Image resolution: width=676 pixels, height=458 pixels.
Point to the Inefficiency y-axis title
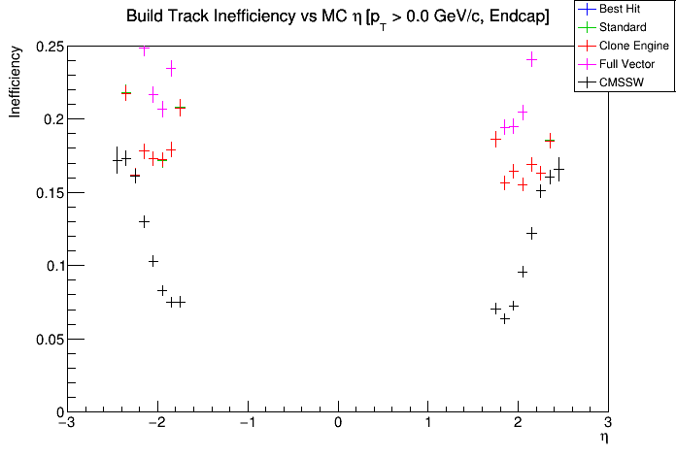(17, 85)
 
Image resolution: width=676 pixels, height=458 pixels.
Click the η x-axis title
(603, 438)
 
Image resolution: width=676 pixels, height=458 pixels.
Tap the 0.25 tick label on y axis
(46, 47)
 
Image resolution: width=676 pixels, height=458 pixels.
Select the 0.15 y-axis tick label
(46, 193)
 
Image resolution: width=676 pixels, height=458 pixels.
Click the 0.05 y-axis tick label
(46, 340)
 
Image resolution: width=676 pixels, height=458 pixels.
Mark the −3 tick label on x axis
(65, 424)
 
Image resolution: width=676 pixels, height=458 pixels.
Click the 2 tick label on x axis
(518, 424)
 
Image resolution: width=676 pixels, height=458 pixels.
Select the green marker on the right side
(550, 141)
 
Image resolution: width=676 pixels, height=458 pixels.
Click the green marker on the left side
(180, 108)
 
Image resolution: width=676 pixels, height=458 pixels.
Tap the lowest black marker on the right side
(505, 317)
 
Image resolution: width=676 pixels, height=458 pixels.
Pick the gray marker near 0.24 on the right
(531, 59)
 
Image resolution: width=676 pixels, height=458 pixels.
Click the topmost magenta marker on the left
(144, 49)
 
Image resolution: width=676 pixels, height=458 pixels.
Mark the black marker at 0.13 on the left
(144, 221)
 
